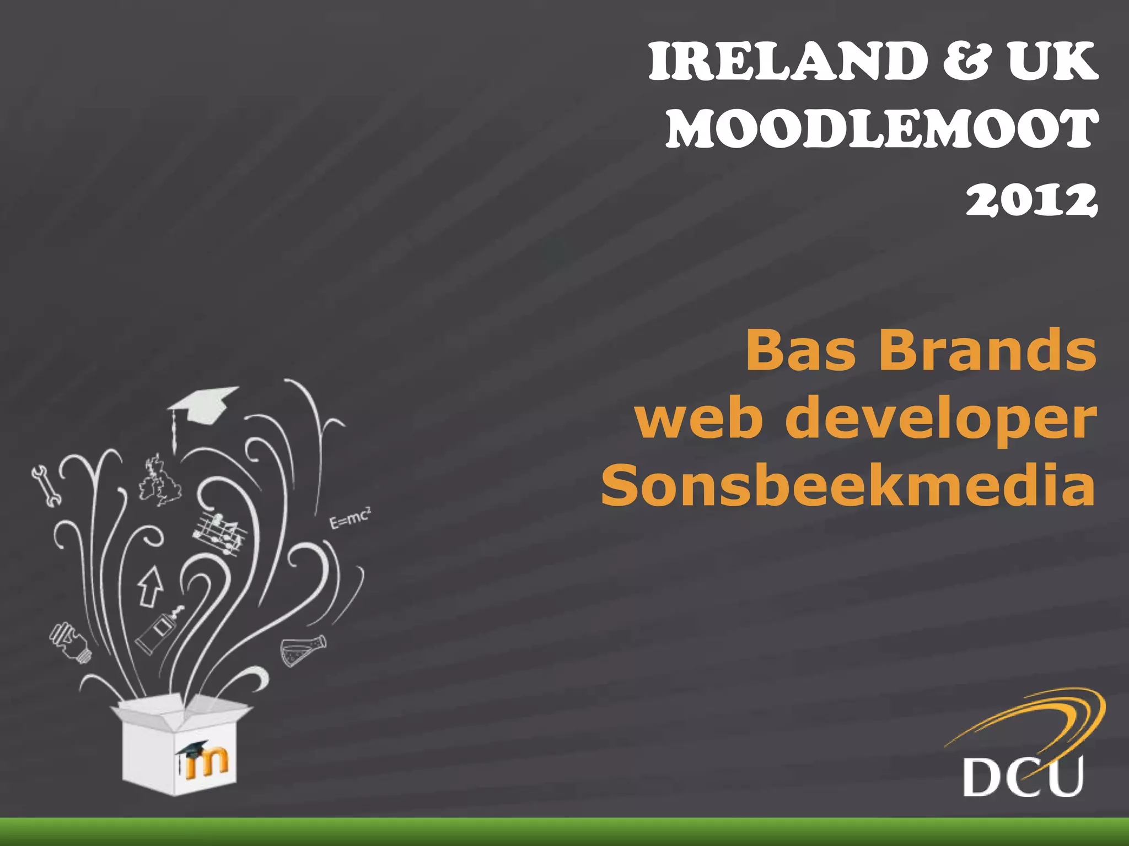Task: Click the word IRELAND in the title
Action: click(x=788, y=62)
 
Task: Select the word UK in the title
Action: click(x=1052, y=62)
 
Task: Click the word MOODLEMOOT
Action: click(x=882, y=129)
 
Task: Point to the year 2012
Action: click(x=1031, y=199)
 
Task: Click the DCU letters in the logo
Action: click(x=1023, y=777)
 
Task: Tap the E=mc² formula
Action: click(x=350, y=518)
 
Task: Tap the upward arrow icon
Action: click(x=149, y=585)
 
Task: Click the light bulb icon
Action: click(x=70, y=642)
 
